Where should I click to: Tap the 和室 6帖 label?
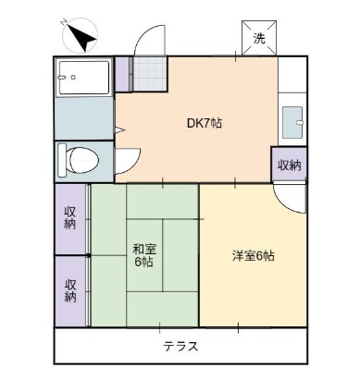(x=143, y=254)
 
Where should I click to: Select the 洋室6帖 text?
(x=253, y=256)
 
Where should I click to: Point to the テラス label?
(x=181, y=347)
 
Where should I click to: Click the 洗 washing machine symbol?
(x=260, y=38)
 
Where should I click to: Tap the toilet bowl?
(x=78, y=159)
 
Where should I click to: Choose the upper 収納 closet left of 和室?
(x=70, y=218)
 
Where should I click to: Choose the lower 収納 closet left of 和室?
(x=70, y=289)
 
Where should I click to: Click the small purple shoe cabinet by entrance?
(x=122, y=74)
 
